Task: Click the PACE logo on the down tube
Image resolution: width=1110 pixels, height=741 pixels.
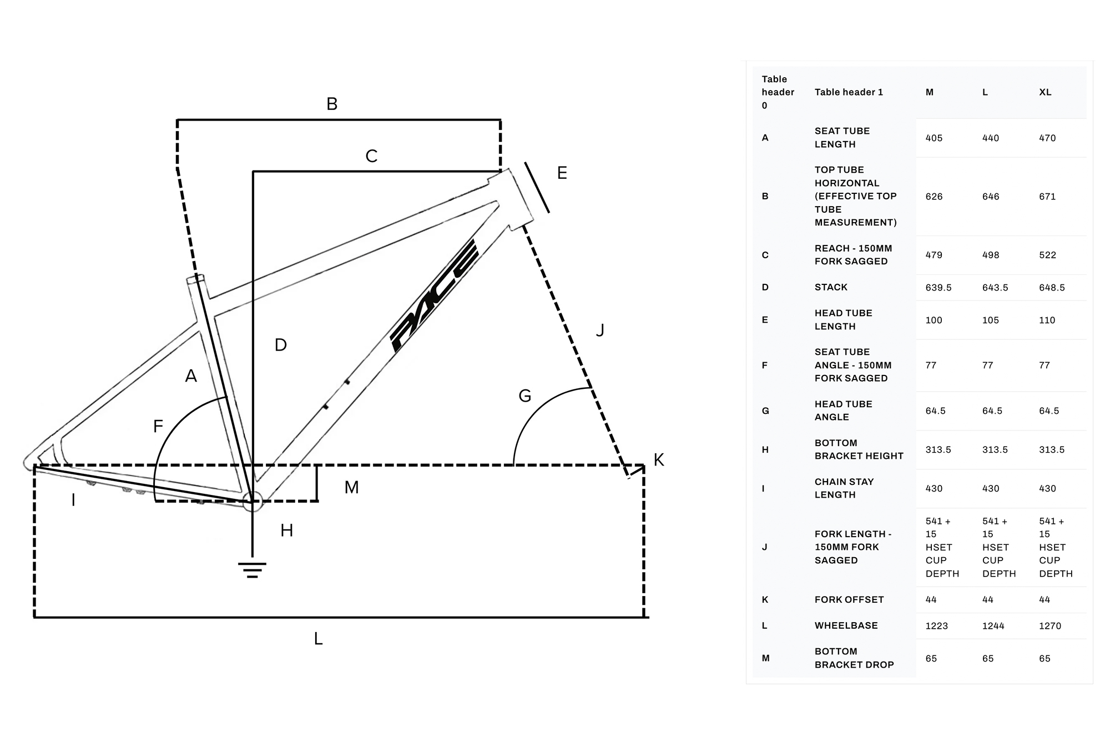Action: (433, 296)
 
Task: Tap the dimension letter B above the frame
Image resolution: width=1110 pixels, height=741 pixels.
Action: (332, 104)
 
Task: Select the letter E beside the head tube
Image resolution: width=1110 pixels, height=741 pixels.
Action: (562, 173)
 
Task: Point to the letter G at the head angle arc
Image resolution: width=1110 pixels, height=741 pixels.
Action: (524, 396)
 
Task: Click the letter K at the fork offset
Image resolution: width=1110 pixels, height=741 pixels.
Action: (659, 460)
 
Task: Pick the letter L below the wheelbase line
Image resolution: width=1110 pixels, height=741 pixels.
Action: (318, 639)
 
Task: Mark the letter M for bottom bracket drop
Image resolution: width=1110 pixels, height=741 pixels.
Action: (351, 488)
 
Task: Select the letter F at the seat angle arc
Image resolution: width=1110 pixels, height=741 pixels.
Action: (158, 427)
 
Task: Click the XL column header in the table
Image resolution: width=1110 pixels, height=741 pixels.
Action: (1045, 92)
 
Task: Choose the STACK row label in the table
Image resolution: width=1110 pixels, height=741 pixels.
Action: (831, 287)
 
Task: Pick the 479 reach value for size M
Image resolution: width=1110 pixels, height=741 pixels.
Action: (934, 255)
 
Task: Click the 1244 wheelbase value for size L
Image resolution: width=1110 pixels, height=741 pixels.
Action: (993, 626)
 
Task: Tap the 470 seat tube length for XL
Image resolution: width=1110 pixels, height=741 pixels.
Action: (1047, 138)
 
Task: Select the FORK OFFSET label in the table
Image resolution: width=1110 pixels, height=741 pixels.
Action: (849, 599)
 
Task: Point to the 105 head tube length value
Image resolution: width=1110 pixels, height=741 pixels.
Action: (990, 320)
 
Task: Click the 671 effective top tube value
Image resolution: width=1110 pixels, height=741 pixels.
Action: (1047, 197)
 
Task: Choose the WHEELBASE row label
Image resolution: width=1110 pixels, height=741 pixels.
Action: (846, 625)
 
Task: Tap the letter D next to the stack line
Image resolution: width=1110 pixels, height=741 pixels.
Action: (280, 346)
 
